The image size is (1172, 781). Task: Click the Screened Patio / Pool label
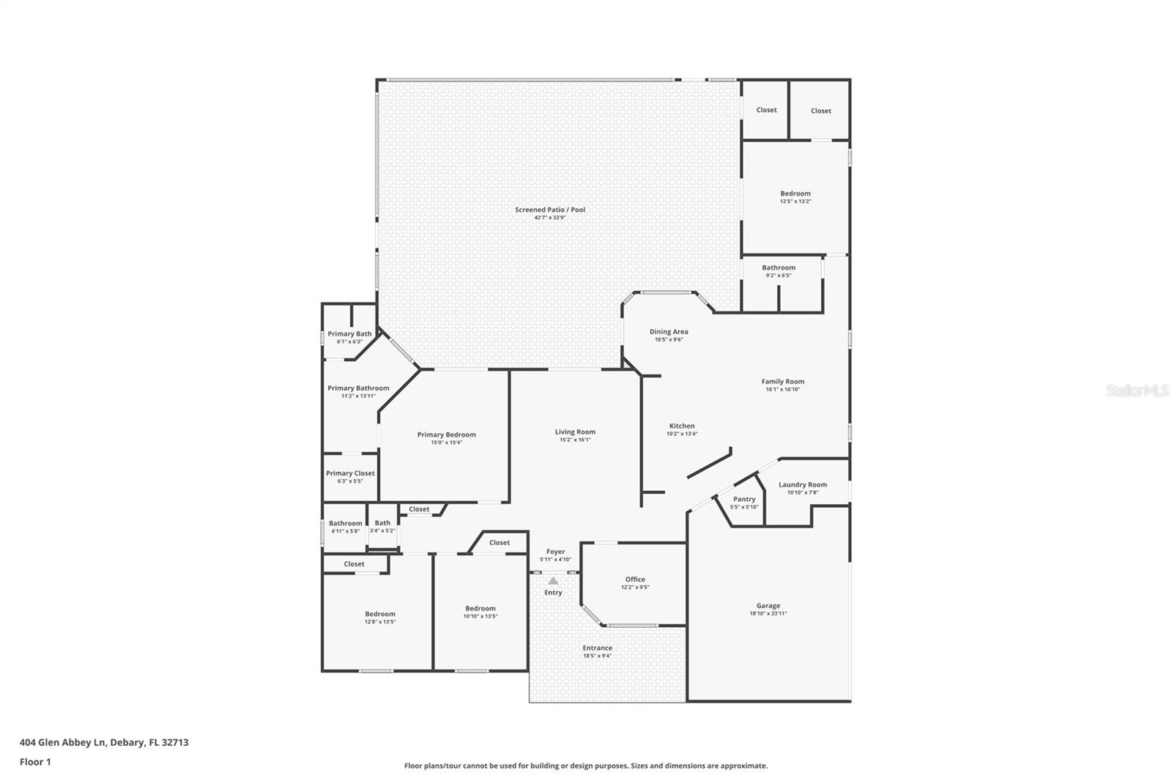[549, 210]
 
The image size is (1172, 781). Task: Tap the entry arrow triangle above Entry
[553, 581]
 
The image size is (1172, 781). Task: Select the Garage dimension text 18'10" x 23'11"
[768, 614]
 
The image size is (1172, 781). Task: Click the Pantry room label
[743, 499]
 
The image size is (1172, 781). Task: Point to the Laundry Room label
[802, 484]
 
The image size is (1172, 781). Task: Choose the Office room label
[634, 579]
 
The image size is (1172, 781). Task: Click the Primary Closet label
[350, 473]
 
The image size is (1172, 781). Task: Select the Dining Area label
[668, 332]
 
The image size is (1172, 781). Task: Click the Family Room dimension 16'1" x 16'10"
[782, 390]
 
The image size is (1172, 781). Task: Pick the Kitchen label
[681, 426]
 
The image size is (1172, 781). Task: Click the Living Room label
[575, 432]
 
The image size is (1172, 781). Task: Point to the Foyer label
[555, 552]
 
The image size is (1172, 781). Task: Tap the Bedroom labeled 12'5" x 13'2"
[795, 193]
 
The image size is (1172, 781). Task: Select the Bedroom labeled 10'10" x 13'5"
[480, 608]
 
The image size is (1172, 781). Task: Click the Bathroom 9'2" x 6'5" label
[778, 267]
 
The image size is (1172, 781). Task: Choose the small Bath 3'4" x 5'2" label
[382, 523]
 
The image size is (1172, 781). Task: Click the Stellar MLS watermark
[1137, 391]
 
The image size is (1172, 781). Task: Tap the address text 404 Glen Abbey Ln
[64, 742]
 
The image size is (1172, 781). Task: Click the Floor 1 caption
[35, 762]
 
